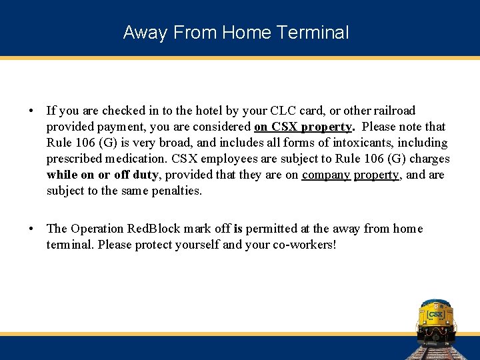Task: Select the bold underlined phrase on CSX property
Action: [x=303, y=127]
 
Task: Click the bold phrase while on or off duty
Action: [x=103, y=175]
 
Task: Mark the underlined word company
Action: [x=326, y=175]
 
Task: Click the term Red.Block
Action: [x=151, y=229]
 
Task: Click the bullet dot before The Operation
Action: [x=31, y=229]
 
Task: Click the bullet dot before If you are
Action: [x=31, y=111]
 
